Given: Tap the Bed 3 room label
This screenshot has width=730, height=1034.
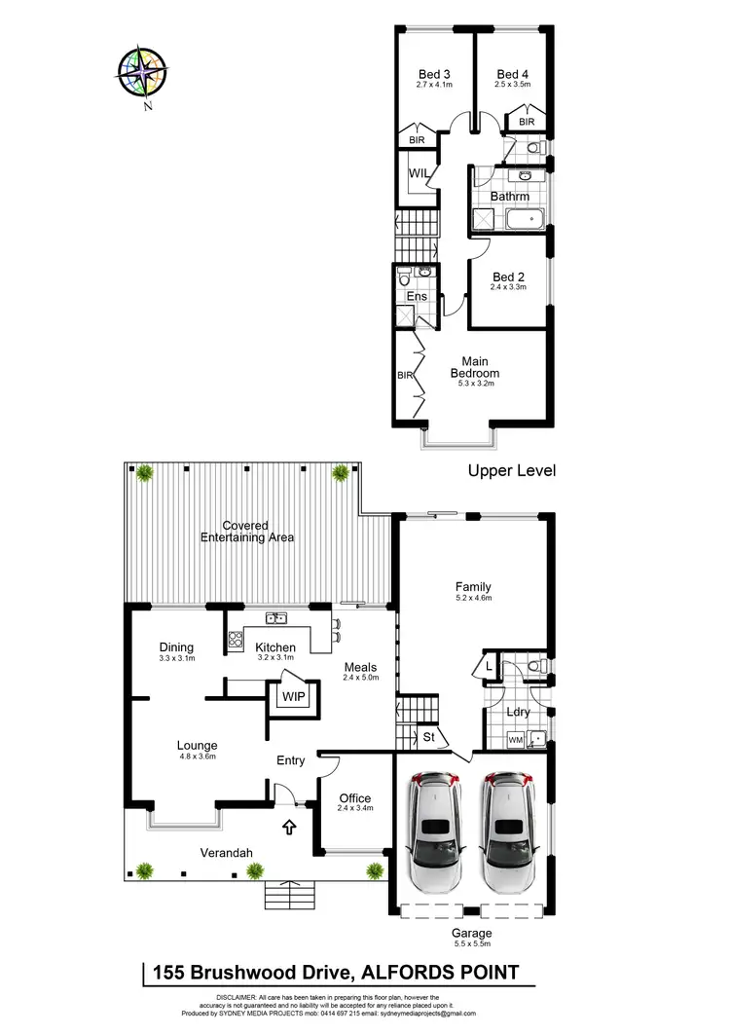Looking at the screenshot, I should [433, 74].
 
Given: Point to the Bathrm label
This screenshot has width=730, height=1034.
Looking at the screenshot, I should [509, 197].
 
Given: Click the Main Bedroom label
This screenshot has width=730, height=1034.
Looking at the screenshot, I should [474, 367].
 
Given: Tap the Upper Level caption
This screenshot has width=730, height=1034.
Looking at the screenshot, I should [511, 470].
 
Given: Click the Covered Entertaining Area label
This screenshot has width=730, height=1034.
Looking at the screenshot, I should [247, 532].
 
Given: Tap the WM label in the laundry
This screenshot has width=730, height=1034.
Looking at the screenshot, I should [515, 740].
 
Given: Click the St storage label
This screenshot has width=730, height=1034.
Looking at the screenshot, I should [428, 738].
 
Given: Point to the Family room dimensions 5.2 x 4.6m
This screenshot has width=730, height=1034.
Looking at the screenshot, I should [473, 599].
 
